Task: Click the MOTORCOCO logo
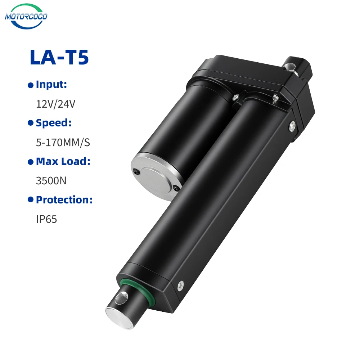click(26, 16)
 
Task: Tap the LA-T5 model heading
click(59, 57)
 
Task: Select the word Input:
click(51, 85)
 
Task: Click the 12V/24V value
click(55, 104)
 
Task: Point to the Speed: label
click(54, 123)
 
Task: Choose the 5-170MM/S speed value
click(63, 143)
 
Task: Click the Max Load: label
click(63, 161)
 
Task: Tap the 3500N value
click(51, 181)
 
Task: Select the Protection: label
click(64, 200)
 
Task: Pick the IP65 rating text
click(46, 219)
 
